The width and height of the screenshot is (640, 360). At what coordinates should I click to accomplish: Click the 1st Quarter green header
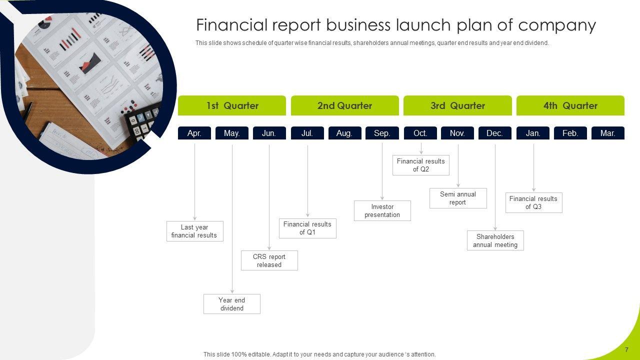(x=232, y=105)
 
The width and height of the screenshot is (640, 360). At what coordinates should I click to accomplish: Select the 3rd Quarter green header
(x=457, y=105)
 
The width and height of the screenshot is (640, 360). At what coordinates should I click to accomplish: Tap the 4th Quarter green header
(x=570, y=105)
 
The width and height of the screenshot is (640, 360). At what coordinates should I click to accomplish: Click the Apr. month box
(x=194, y=133)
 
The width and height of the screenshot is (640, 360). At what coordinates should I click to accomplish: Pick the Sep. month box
(x=382, y=133)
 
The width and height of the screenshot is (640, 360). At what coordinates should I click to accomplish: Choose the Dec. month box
(x=495, y=133)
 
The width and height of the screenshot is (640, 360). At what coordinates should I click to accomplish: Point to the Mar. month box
(x=608, y=133)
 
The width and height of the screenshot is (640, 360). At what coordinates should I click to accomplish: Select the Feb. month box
(x=570, y=133)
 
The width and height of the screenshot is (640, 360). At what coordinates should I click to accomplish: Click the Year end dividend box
(x=232, y=304)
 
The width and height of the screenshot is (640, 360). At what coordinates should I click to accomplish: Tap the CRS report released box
(x=269, y=260)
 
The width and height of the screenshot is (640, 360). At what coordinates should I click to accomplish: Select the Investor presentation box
(x=382, y=210)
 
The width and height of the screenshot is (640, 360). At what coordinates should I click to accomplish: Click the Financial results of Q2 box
(x=421, y=165)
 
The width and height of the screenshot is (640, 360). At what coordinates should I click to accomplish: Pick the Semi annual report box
(x=458, y=198)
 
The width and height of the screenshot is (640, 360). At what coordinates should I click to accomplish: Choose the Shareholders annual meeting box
(x=495, y=240)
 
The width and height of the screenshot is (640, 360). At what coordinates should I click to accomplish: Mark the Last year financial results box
(x=195, y=231)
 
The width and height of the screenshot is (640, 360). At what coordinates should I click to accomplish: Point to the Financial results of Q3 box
(x=533, y=202)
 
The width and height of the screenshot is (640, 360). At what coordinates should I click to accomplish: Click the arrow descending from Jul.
(x=307, y=180)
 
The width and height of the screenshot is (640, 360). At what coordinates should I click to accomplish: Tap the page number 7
(x=626, y=350)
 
